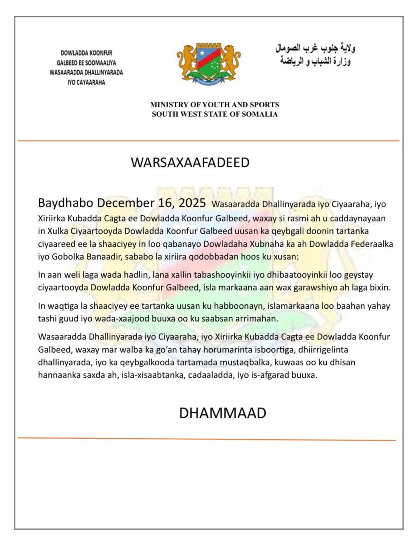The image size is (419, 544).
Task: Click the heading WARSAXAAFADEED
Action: coord(190,162)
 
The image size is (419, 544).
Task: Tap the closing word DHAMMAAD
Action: coord(222,413)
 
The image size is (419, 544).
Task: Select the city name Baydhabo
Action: coord(65,203)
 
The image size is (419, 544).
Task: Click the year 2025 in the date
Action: coord(192,203)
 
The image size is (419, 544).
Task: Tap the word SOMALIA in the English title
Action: coord(260,114)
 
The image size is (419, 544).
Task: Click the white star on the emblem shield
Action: coord(202,53)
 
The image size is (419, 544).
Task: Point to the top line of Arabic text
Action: coord(315,49)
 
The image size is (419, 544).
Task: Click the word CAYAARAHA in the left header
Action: coord(91,82)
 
